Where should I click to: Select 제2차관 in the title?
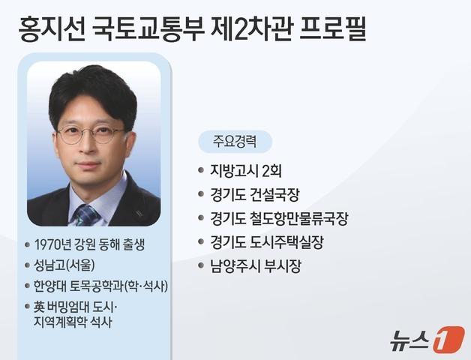click(x=251, y=30)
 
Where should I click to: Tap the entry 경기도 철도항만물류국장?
click(x=279, y=219)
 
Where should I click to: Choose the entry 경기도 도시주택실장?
click(x=267, y=243)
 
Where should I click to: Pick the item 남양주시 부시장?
click(x=256, y=266)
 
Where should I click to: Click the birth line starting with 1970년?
click(x=92, y=244)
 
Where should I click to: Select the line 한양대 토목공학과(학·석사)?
click(x=100, y=286)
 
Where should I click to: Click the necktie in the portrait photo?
click(x=85, y=214)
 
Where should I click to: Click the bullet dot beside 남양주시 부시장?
click(x=201, y=266)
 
